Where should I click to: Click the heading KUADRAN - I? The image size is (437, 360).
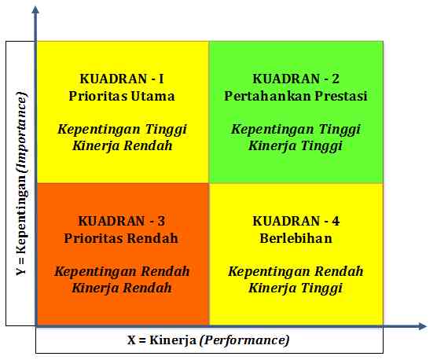point(122,79)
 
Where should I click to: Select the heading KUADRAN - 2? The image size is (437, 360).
point(296,79)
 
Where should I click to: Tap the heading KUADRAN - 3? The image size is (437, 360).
point(122,221)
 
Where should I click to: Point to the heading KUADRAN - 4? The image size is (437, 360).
point(296,221)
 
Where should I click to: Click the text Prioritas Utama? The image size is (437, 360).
point(122,96)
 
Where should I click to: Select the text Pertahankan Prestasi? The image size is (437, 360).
point(296,96)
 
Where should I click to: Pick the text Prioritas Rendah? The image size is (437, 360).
point(122,238)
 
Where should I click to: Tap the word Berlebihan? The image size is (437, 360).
point(296,238)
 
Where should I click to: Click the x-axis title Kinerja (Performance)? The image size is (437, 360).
point(208,340)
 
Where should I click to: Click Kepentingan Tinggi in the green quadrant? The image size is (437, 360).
point(296,128)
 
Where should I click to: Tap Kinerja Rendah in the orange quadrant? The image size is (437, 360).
point(122,288)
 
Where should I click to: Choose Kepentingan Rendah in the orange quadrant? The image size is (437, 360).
point(122,271)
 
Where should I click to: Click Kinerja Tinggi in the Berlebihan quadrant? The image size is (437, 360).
point(296,288)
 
